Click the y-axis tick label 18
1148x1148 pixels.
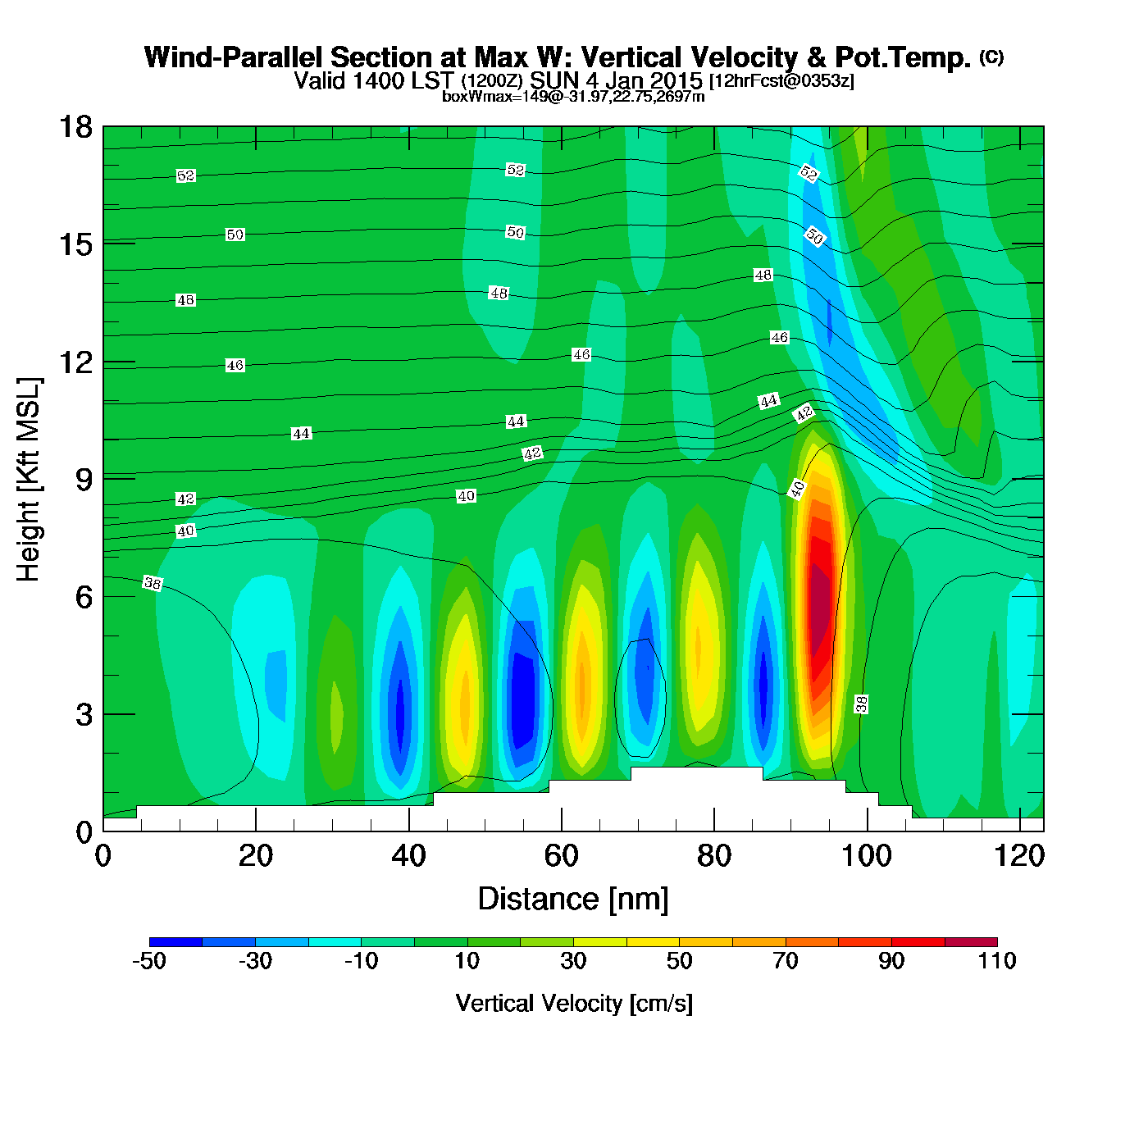click(75, 127)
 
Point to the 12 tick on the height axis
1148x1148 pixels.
click(75, 362)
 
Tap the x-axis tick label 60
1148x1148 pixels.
click(561, 856)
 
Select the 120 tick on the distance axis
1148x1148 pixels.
click(1019, 856)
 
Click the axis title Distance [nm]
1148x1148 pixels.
click(573, 900)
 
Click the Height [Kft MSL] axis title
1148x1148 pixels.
click(29, 480)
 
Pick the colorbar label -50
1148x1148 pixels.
click(149, 961)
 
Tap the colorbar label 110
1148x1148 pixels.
click(997, 961)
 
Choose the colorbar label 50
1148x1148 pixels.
click(679, 961)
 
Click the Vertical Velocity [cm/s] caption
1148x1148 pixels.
click(573, 1003)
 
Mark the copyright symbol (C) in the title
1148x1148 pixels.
click(991, 57)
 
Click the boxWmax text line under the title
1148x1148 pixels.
click(573, 97)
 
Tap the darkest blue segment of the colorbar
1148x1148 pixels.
click(175, 941)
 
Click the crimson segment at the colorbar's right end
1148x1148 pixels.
click(971, 941)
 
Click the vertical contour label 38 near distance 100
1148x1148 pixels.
click(861, 704)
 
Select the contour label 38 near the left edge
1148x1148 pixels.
click(153, 583)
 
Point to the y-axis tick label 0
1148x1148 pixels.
click(84, 831)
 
